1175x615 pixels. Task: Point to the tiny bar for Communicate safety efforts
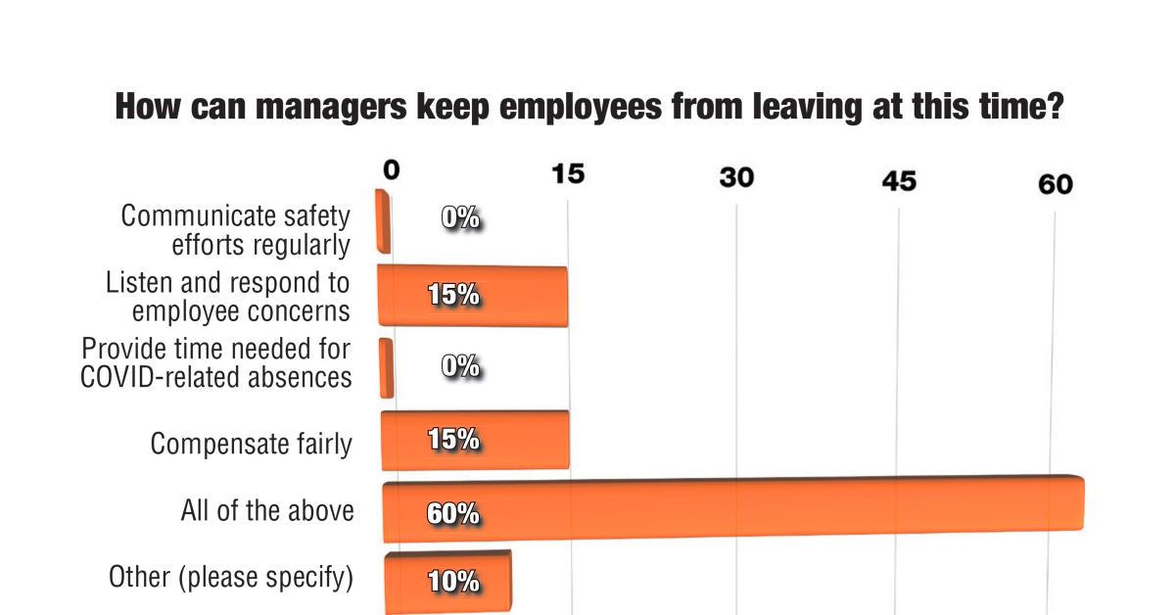tap(384, 222)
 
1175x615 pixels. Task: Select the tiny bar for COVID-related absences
tap(387, 368)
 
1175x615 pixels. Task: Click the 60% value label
tap(452, 512)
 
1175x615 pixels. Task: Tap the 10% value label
tap(452, 581)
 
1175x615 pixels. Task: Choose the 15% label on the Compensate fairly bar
tap(452, 440)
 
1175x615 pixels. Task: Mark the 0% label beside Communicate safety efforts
tap(460, 218)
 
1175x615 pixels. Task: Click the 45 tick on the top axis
tap(898, 181)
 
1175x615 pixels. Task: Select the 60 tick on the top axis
tap(1056, 184)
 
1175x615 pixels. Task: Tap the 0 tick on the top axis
tap(391, 169)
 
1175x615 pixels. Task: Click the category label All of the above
tap(266, 510)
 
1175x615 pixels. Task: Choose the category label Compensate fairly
tap(251, 444)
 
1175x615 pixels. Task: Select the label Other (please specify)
tap(230, 577)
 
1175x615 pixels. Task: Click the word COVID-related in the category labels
tap(142, 377)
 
